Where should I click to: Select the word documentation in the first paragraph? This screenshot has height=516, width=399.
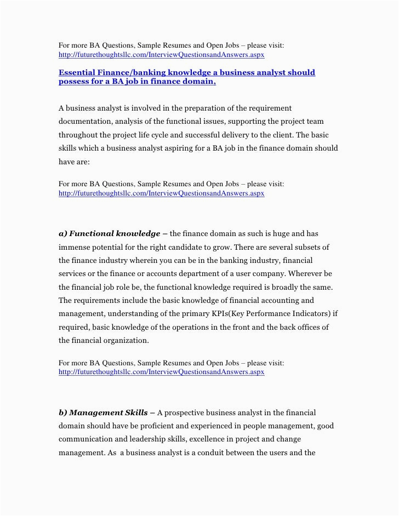click(x=86, y=121)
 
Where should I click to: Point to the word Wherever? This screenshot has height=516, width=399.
click(x=306, y=274)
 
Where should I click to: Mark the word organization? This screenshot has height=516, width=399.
click(x=124, y=340)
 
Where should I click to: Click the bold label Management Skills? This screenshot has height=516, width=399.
click(x=109, y=412)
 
